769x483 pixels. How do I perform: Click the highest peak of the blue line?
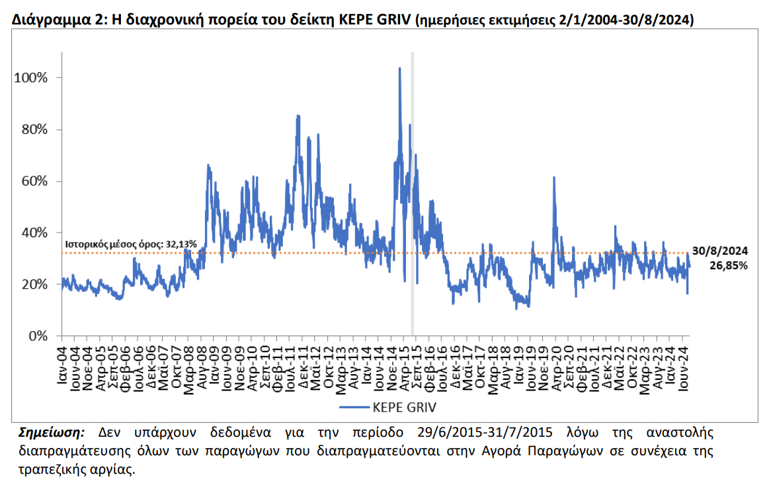pyautogui.click(x=399, y=68)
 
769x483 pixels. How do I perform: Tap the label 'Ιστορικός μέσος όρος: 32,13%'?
pyautogui.click(x=130, y=244)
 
